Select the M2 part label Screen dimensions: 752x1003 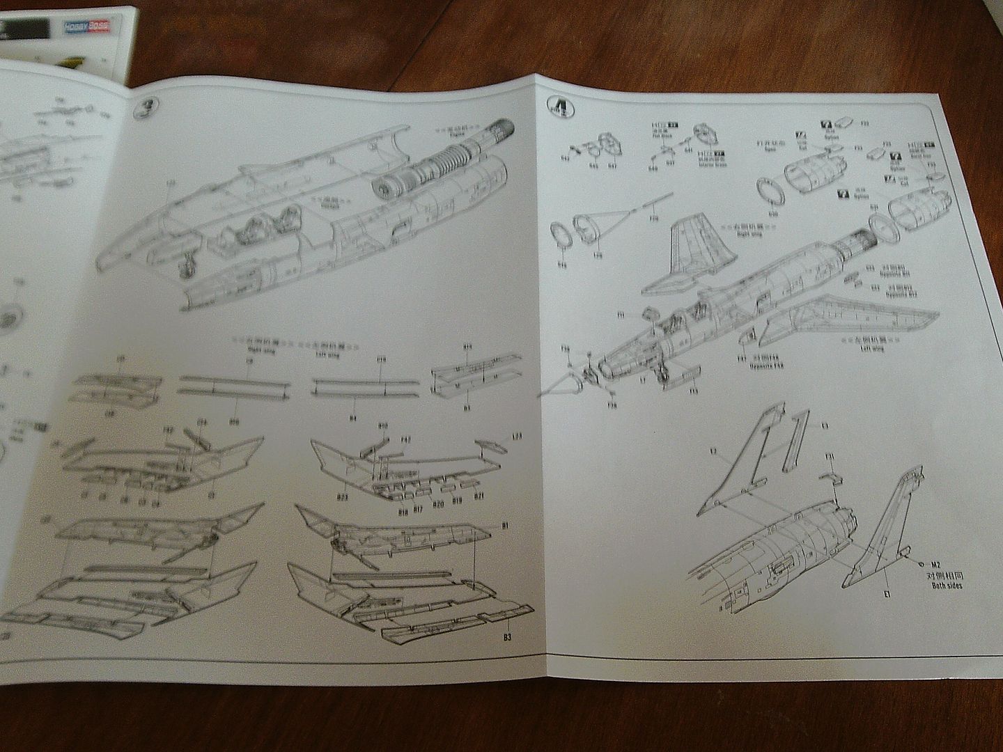coord(935,565)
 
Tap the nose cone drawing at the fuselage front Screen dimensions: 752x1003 coord(563,386)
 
